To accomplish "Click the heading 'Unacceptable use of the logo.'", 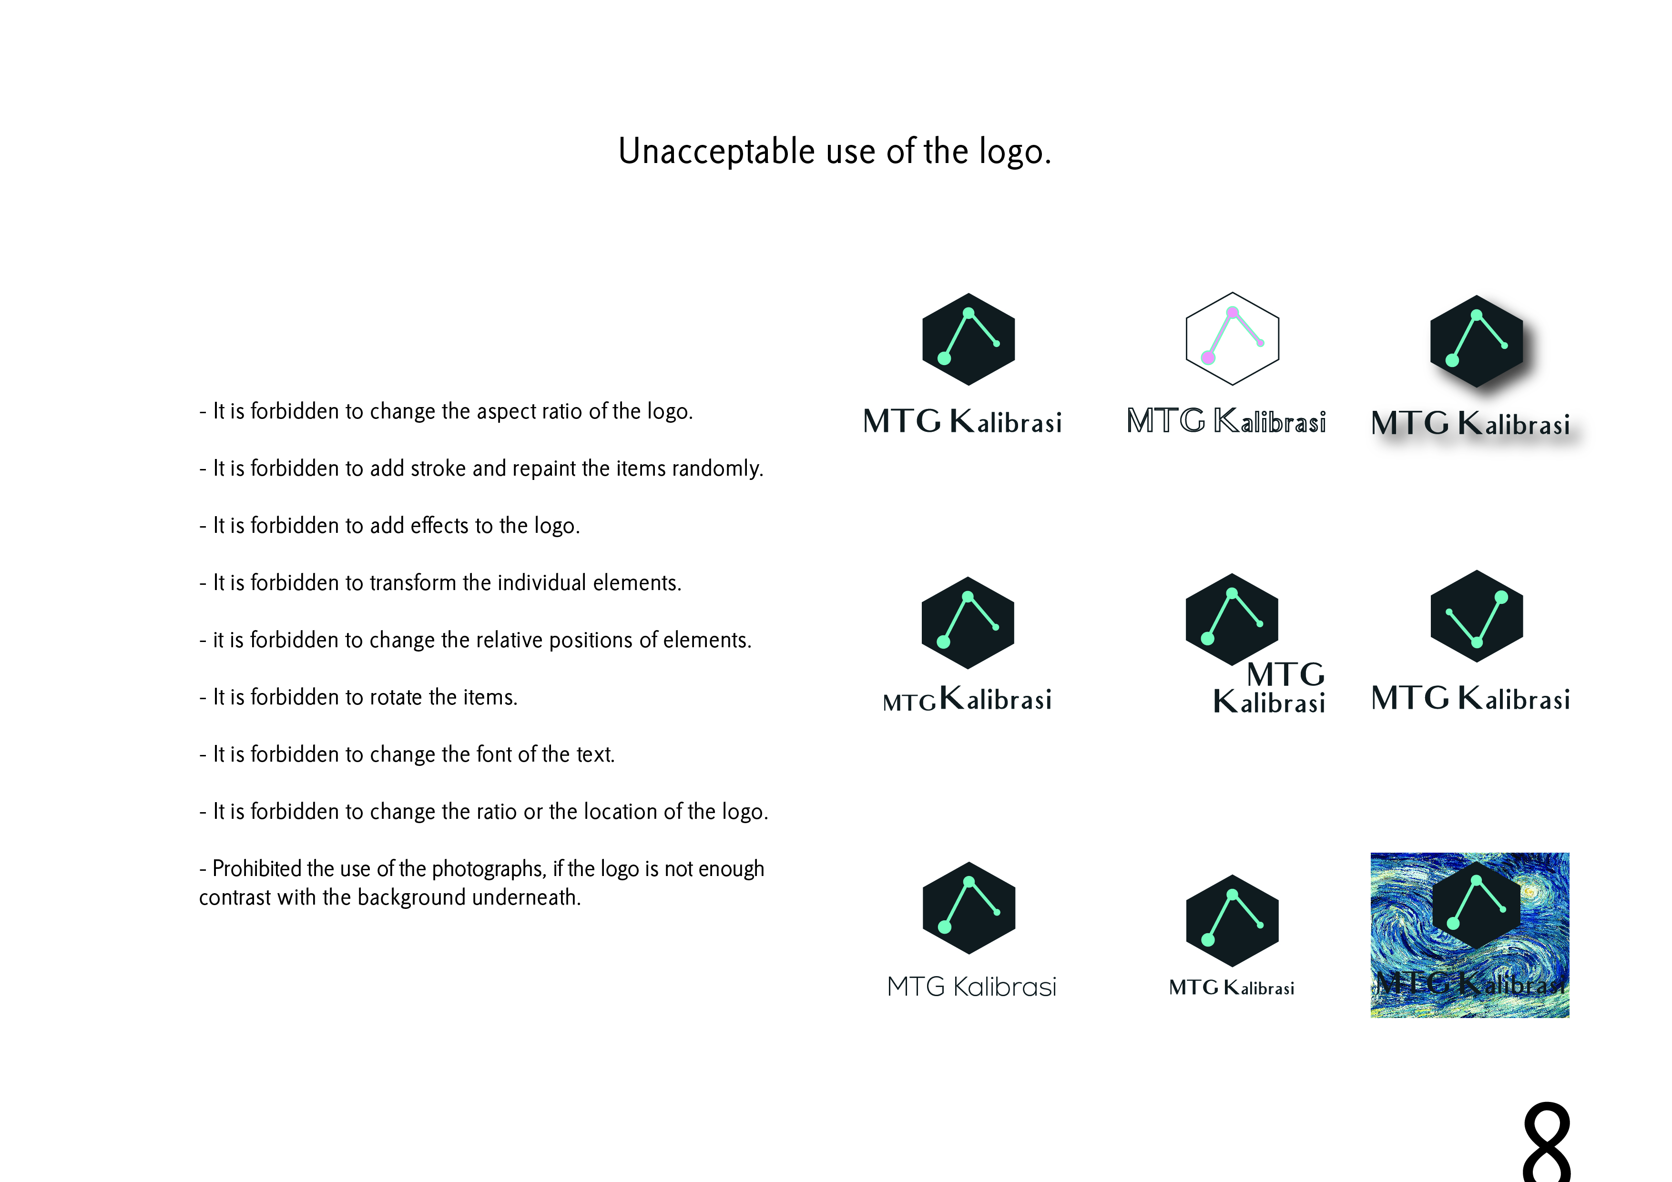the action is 835,152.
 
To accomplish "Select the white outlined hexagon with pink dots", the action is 1232,339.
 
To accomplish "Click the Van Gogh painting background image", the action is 1469,935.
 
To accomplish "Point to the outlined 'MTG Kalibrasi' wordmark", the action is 1226,421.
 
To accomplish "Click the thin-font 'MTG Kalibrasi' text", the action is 971,987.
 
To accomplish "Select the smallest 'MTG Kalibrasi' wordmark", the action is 1232,988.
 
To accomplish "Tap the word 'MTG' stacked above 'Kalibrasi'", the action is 1285,673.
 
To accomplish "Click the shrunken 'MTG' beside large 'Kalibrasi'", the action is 909,702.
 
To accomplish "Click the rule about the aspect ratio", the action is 446,411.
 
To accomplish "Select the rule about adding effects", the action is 389,526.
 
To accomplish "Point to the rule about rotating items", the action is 358,697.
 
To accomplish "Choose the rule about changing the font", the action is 407,754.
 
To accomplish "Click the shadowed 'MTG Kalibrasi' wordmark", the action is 1470,423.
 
